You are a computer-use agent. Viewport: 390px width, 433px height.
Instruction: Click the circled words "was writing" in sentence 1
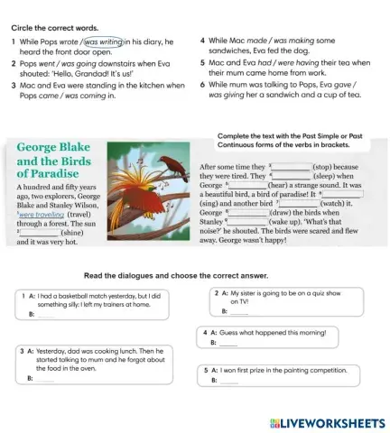(x=104, y=41)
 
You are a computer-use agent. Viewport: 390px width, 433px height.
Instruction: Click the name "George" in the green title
(x=45, y=146)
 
